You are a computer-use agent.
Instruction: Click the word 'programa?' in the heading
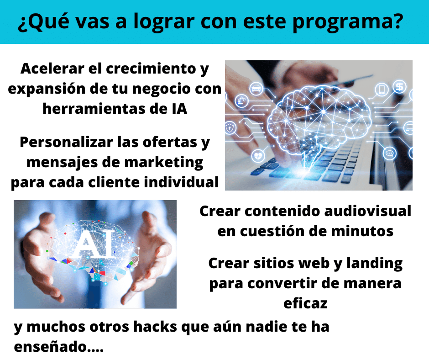pyautogui.click(x=348, y=21)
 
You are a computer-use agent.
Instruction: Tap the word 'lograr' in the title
pyautogui.click(x=164, y=21)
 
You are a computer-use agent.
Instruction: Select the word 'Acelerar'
pyautogui.click(x=52, y=69)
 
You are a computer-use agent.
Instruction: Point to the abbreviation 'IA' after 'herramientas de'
pyautogui.click(x=179, y=109)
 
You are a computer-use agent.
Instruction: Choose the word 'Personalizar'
pyautogui.click(x=67, y=142)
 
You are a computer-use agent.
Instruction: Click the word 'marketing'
pyautogui.click(x=164, y=163)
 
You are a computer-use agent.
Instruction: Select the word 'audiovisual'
pyautogui.click(x=368, y=211)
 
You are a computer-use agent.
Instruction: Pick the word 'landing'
pyautogui.click(x=375, y=264)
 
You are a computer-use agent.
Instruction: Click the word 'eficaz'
pyautogui.click(x=305, y=303)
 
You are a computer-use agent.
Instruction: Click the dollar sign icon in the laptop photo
pyautogui.click(x=399, y=87)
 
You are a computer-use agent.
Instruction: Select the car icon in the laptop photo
pyautogui.click(x=256, y=89)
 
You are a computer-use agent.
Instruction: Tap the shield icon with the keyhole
pyautogui.click(x=230, y=127)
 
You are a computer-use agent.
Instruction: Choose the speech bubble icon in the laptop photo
pyautogui.click(x=390, y=153)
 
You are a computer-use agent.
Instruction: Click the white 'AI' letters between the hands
pyautogui.click(x=95, y=244)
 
